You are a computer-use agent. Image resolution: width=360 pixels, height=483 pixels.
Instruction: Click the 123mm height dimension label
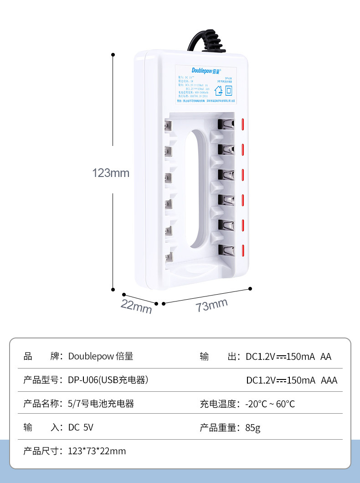[x=111, y=173]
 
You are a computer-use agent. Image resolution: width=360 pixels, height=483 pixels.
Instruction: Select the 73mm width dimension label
[x=212, y=305]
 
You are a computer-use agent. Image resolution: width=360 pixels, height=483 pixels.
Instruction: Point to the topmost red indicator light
[x=243, y=124]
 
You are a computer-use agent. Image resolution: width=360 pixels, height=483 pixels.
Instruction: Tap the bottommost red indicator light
[x=243, y=250]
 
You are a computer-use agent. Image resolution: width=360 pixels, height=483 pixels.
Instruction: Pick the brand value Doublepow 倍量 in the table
[x=101, y=356]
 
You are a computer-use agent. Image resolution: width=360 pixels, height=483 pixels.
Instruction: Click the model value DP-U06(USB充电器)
[x=108, y=380]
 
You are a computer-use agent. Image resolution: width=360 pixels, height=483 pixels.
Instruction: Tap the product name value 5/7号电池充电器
[x=101, y=404]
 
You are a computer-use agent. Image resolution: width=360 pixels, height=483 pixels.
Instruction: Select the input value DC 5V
[x=81, y=427]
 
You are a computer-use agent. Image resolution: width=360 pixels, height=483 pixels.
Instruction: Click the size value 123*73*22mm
[x=97, y=451]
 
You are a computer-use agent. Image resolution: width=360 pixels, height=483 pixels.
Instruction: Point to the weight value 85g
[x=252, y=427]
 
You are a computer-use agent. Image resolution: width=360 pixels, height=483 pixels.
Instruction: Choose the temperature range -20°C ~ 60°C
[x=270, y=404]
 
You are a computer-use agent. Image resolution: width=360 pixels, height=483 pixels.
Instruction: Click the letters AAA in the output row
[x=329, y=380]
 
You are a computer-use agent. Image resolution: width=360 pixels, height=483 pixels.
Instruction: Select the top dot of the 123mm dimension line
[x=113, y=55]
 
